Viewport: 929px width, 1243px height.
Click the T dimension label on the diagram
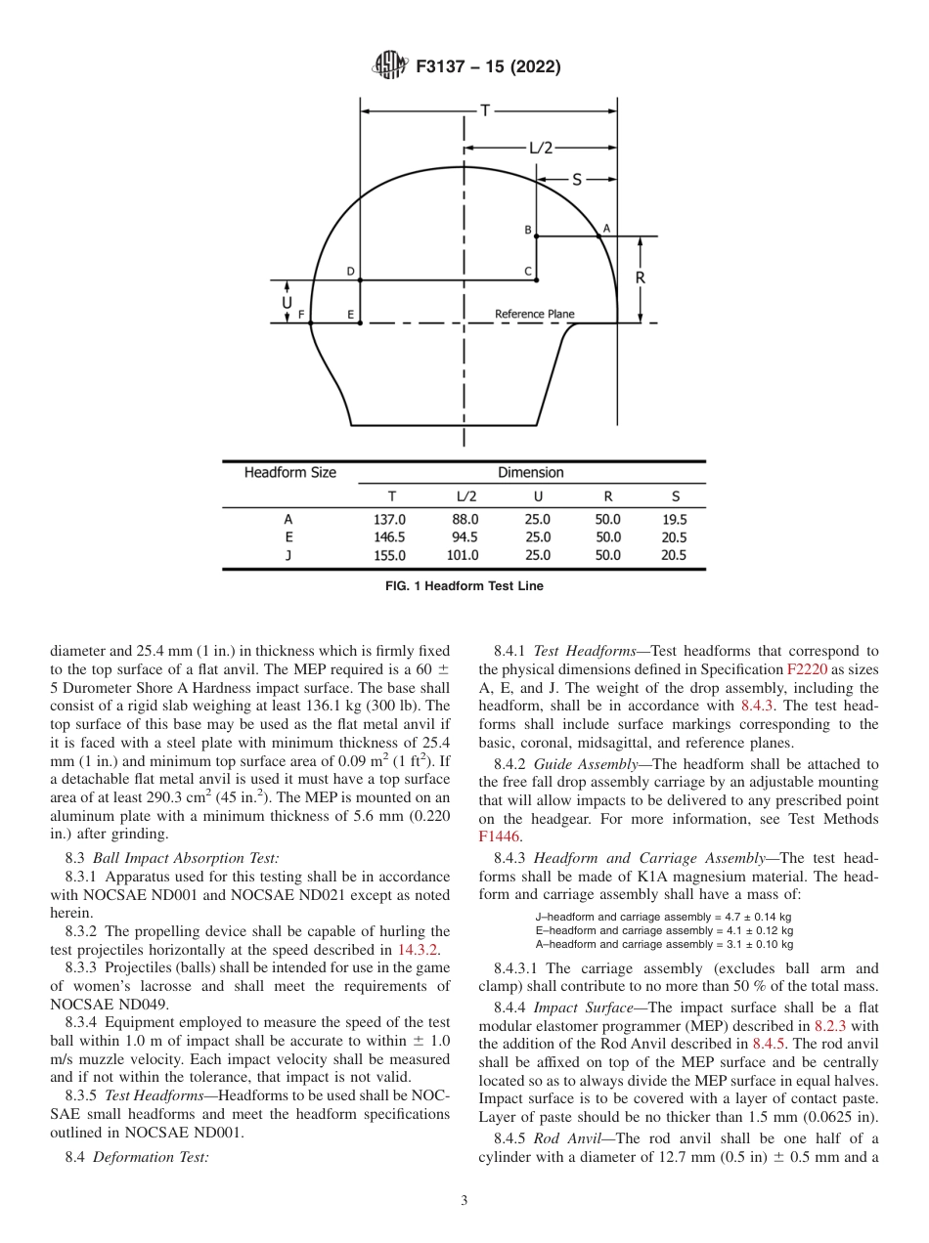coord(483,110)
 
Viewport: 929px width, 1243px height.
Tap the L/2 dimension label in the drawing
coord(541,149)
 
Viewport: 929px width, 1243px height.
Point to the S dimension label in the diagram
coord(577,180)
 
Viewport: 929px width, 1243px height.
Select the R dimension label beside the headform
coord(641,279)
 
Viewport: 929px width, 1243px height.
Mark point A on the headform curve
coord(605,228)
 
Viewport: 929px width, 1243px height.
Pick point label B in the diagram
coord(528,231)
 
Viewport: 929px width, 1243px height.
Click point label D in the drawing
coord(350,272)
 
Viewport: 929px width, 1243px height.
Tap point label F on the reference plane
coord(301,315)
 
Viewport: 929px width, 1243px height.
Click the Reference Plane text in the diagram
coord(534,315)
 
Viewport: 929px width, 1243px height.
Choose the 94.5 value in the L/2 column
coord(463,537)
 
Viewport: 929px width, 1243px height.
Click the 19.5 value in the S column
coord(674,520)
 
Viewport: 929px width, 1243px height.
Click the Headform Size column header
coord(289,473)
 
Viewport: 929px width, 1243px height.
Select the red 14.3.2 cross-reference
coord(419,949)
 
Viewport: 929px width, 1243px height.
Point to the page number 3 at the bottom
coord(464,1201)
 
